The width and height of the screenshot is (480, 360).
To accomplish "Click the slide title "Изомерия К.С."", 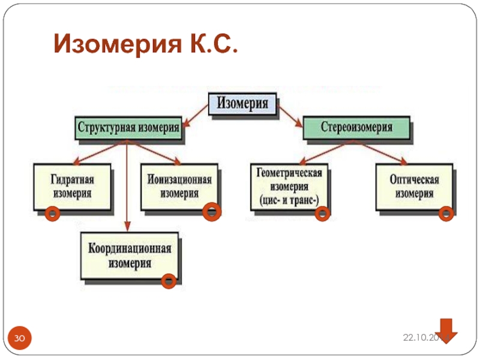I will tap(145, 44).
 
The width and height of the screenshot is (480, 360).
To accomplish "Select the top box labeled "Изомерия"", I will tap(242, 104).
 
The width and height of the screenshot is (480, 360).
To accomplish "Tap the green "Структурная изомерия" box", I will tap(128, 127).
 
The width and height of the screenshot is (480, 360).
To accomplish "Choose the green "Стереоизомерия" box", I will tap(356, 127).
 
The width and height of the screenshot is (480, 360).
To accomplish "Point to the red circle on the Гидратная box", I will tap(53, 212).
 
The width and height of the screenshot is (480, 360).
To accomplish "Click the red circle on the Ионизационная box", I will tap(211, 212).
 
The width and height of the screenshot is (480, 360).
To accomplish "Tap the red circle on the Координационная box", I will tap(169, 280).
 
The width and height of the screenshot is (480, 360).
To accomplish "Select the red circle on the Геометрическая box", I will tap(322, 212).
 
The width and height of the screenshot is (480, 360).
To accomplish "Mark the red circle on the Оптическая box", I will tap(446, 212).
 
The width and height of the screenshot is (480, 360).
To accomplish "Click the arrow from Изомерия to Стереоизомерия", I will tap(290, 116).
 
